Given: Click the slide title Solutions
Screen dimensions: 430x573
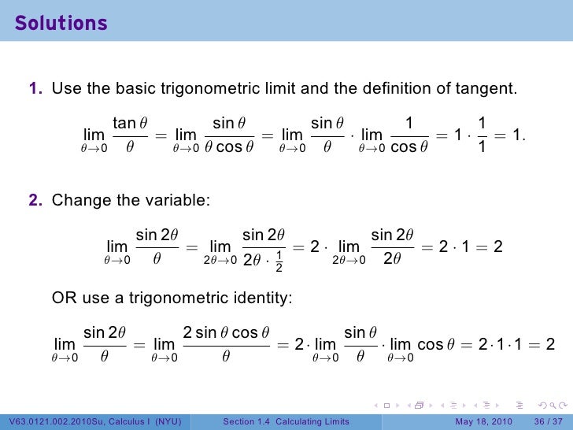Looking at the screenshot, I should pos(61,24).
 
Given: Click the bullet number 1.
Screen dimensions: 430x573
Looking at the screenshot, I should pos(36,89).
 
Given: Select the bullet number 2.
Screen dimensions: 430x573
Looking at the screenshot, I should pos(36,200).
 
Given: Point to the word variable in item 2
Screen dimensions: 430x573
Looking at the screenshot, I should pos(177,200).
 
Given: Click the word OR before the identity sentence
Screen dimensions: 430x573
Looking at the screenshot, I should pos(63,298).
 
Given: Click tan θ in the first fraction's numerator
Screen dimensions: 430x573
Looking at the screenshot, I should pos(130,123).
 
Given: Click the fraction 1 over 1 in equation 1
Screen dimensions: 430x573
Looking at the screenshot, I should pos(482,135).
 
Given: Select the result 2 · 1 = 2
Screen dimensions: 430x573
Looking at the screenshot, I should pos(471,247).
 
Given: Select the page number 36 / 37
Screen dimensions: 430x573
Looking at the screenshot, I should pos(548,421).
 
